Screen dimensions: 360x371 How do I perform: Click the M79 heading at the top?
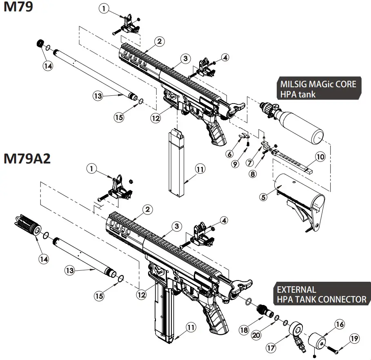pyautogui.click(x=18, y=8)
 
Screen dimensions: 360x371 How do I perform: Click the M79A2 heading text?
pyautogui.click(x=27, y=159)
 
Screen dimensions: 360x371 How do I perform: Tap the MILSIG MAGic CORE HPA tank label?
pyautogui.click(x=318, y=89)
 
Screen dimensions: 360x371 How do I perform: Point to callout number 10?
pyautogui.click(x=320, y=157)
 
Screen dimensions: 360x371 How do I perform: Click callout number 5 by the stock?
pyautogui.click(x=263, y=197)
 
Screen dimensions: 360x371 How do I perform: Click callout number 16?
pyautogui.click(x=340, y=324)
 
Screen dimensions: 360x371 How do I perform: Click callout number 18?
pyautogui.click(x=244, y=330)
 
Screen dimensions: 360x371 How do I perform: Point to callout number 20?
pyautogui.click(x=256, y=335)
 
